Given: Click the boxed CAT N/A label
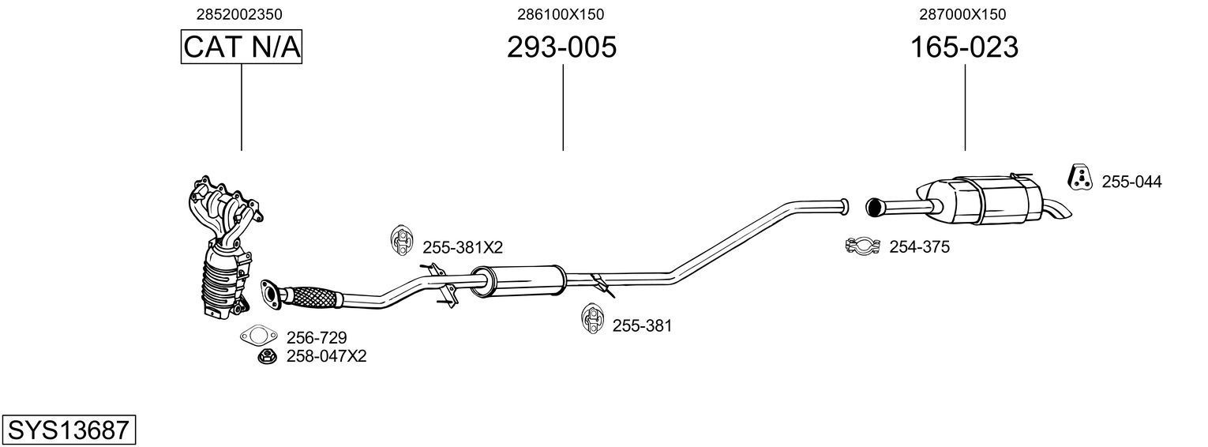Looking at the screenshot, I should click(241, 47).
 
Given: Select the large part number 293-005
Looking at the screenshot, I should click(561, 47).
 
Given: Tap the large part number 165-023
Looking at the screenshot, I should click(964, 47).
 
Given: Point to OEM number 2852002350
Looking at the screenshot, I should click(239, 14).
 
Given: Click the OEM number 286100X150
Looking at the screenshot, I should click(561, 14).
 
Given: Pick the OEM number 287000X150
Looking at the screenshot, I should click(962, 14).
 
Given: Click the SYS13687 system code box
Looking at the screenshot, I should click(68, 430).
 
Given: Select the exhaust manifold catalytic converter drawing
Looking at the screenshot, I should click(223, 249).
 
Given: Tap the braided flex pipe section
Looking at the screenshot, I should click(313, 297).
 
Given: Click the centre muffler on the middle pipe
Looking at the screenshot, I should click(517, 280).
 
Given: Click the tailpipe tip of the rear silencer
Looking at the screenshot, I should click(1060, 211).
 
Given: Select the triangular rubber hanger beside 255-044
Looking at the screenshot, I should click(1079, 179).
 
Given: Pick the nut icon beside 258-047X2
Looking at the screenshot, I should click(267, 357).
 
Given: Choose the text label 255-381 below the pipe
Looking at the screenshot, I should click(642, 325).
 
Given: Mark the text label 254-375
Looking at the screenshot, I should click(919, 247).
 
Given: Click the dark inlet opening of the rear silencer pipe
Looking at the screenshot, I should click(873, 207).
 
